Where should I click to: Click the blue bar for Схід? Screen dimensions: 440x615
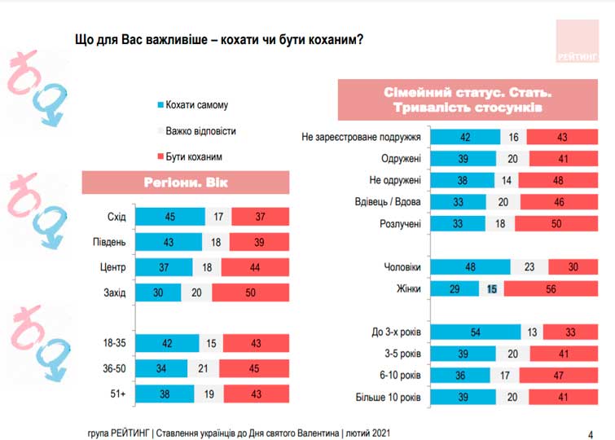pos(169,216)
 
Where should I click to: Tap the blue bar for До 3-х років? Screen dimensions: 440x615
pos(474,332)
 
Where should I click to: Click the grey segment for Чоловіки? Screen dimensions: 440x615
pos(529,266)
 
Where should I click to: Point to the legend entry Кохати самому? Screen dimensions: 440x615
pos(196,105)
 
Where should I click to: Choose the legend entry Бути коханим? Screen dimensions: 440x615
pos(193,156)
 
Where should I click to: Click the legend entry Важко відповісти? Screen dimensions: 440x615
pos(200,130)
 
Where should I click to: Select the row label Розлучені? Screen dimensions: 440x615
pos(400,223)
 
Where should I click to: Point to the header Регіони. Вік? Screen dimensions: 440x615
pos(187,182)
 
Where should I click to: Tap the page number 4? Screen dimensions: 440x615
pos(590,432)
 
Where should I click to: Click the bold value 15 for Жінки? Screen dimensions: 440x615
pos(491,288)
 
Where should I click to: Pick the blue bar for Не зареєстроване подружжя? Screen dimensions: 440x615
pos(464,137)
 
